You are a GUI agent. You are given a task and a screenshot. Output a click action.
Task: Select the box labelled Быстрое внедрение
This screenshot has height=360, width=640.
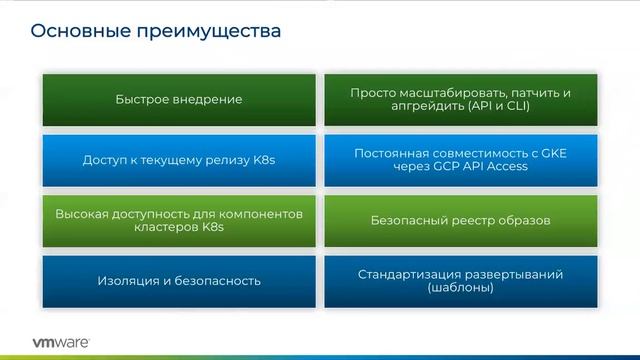[179, 99]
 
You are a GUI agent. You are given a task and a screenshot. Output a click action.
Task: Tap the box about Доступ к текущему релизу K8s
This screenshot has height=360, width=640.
[179, 159]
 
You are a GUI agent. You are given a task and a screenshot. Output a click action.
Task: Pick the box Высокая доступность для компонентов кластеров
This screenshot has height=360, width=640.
[179, 220]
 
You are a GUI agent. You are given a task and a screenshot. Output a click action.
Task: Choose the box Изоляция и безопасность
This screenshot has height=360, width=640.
[179, 280]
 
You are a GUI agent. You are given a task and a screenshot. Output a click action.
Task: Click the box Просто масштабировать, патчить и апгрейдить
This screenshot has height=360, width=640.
[461, 99]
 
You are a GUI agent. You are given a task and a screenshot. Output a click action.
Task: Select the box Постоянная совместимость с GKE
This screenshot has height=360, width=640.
[461, 159]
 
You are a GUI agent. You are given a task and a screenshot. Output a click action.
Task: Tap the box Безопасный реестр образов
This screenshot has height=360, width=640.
[461, 220]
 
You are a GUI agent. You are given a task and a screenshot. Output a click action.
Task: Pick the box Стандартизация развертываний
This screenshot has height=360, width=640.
[461, 280]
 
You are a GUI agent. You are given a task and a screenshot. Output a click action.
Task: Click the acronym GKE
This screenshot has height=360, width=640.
[552, 153]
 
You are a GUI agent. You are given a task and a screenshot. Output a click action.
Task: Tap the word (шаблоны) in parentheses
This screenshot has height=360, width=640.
[461, 288]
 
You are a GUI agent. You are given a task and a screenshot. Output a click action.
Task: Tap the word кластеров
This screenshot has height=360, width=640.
[161, 228]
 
